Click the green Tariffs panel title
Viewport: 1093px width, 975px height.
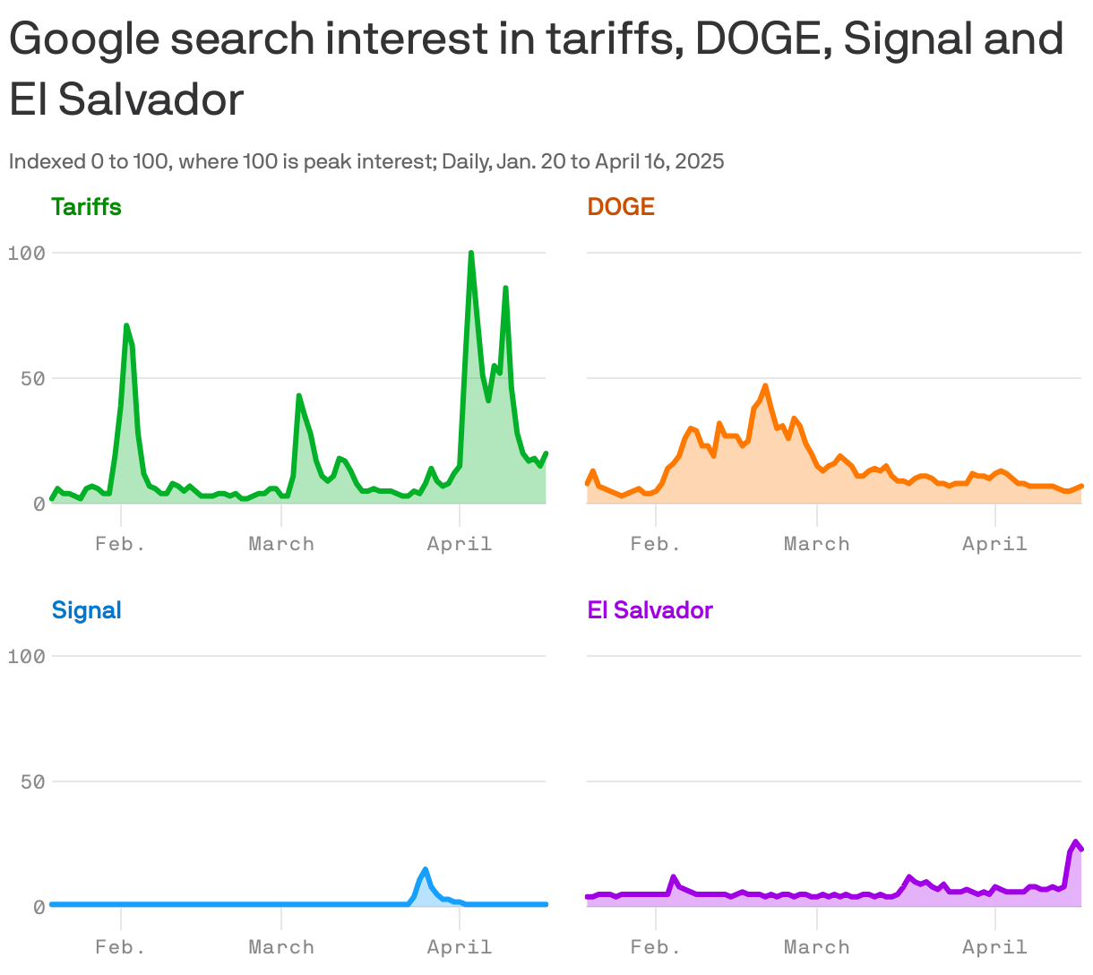tap(86, 207)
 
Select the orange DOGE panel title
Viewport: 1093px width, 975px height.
tap(621, 207)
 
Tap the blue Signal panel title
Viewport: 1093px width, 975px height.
tap(86, 610)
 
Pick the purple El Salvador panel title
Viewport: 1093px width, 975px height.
tap(650, 610)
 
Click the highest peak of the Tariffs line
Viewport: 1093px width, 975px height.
tap(471, 254)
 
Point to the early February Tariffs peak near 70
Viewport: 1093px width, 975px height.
tap(126, 326)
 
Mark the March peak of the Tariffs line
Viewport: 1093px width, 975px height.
tap(298, 395)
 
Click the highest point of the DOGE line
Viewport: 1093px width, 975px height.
tap(765, 386)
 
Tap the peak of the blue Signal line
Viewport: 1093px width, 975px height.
tap(426, 869)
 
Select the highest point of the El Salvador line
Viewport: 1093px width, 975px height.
tap(1076, 842)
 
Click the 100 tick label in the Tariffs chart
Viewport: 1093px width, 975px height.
tap(26, 253)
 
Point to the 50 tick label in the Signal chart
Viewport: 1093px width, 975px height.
tap(32, 781)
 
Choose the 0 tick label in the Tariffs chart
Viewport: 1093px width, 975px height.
tap(39, 504)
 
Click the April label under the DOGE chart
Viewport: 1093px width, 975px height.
tap(994, 544)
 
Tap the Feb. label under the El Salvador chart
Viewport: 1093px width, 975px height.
tap(656, 947)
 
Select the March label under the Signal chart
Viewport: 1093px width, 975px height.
tap(281, 947)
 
